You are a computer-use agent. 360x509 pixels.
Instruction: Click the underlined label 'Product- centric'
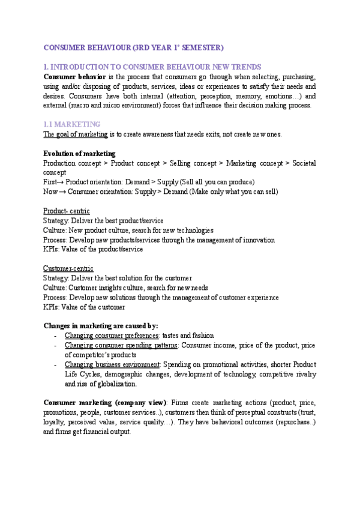pyautogui.click(x=67, y=211)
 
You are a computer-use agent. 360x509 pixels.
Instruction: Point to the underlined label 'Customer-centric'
pyautogui.click(x=68, y=268)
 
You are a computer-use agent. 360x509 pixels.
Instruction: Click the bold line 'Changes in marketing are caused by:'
pyautogui.click(x=101, y=326)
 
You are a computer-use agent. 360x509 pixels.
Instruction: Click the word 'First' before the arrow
pyautogui.click(x=50, y=182)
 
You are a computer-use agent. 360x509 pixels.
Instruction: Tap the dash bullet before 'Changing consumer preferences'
pyautogui.click(x=55, y=336)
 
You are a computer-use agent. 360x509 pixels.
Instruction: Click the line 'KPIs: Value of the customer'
pyautogui.click(x=84, y=307)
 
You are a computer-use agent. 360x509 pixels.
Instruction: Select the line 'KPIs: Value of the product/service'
pyautogui.click(x=93, y=249)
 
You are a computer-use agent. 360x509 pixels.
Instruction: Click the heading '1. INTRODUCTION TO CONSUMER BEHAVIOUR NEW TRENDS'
pyautogui.click(x=152, y=67)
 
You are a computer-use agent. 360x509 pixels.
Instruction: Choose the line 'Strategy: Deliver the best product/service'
pyautogui.click(x=103, y=221)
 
